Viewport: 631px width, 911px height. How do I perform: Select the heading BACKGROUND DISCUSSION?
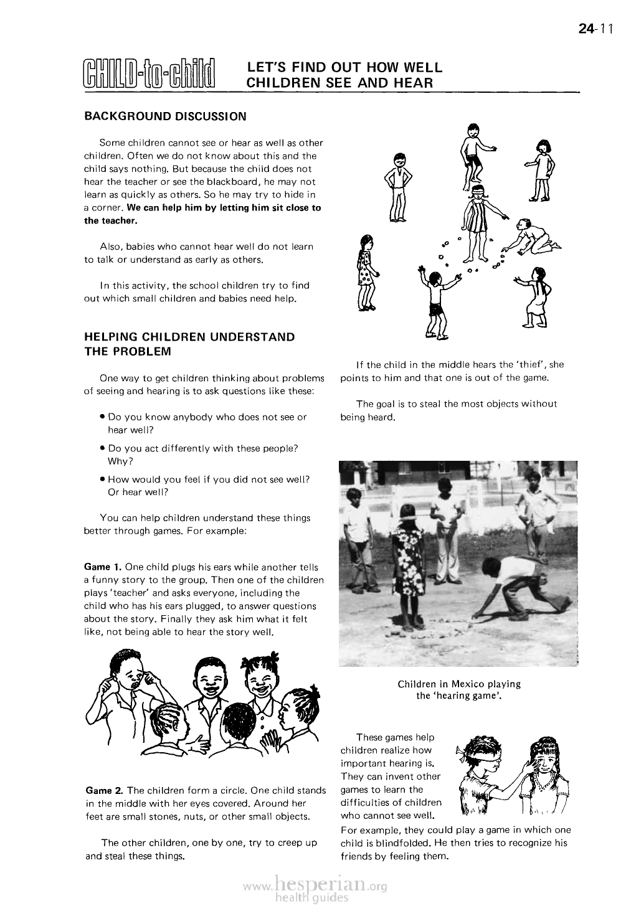(x=165, y=116)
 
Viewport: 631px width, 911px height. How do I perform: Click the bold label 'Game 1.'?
(x=102, y=567)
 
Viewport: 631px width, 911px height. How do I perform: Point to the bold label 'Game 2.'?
(x=103, y=791)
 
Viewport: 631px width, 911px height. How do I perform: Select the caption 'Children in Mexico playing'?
(x=459, y=684)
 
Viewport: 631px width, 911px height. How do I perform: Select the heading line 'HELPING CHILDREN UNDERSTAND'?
(x=189, y=337)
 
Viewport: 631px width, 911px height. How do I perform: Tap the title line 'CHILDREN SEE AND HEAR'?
(x=339, y=82)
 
